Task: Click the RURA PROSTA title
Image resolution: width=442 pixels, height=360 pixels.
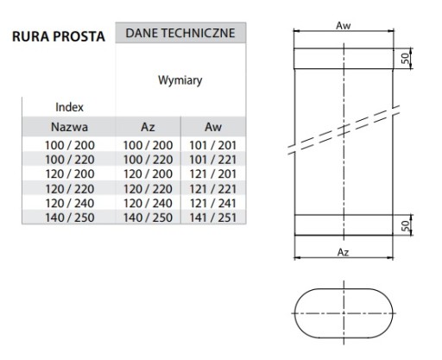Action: click(59, 36)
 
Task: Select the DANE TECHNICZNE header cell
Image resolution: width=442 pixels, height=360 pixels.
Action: click(180, 33)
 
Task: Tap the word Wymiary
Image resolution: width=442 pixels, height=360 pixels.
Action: click(180, 80)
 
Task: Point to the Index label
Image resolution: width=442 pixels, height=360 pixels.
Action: click(69, 107)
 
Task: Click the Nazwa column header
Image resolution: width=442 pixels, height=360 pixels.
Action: click(69, 127)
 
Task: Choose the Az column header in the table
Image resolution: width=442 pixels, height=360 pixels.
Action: click(148, 127)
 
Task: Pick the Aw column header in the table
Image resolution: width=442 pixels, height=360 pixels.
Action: click(213, 127)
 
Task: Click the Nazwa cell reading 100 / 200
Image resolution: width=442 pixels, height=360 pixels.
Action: click(70, 145)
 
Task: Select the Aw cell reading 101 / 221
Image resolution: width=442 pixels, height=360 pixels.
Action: click(213, 160)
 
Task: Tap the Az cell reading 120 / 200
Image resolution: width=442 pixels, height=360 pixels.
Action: click(148, 174)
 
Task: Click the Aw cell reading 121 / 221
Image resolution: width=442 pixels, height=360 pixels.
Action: click(213, 189)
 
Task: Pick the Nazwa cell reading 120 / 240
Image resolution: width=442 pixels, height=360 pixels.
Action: click(70, 204)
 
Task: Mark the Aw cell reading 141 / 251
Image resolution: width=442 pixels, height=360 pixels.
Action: click(213, 218)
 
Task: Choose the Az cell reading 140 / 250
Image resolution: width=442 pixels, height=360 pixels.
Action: click(148, 218)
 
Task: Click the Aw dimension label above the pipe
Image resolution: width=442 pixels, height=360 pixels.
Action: click(344, 26)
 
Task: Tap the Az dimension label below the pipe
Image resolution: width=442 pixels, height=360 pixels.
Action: click(343, 252)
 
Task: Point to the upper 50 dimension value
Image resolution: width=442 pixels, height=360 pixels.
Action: click(405, 59)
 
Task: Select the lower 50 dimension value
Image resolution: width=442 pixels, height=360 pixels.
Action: click(405, 226)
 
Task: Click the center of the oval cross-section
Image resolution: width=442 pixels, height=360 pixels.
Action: click(344, 313)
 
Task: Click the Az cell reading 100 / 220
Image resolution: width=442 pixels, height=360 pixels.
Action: click(148, 160)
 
